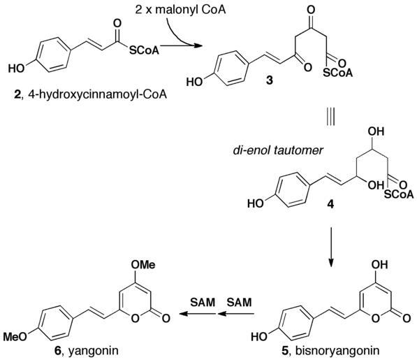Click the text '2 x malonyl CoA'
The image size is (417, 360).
click(x=181, y=10)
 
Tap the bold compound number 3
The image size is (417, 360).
click(x=270, y=80)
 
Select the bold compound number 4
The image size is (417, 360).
click(x=330, y=205)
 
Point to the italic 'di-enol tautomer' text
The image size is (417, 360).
click(x=278, y=150)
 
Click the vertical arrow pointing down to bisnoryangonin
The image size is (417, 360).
click(x=331, y=247)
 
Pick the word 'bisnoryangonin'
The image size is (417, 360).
click(x=337, y=351)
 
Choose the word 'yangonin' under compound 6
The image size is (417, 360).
click(x=94, y=351)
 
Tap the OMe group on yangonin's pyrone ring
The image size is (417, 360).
click(x=143, y=265)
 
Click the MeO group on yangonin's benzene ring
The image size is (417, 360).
click(x=15, y=337)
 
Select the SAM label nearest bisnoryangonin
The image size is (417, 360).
click(x=239, y=302)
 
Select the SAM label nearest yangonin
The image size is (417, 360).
click(x=203, y=302)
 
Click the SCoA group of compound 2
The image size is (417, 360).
click(x=144, y=50)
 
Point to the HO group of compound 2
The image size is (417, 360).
click(x=16, y=69)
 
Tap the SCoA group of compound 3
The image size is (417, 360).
click(x=338, y=73)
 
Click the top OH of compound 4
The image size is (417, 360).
click(x=376, y=131)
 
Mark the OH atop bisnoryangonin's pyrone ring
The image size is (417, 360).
click(x=380, y=265)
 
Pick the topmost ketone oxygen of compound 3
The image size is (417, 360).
click(x=311, y=10)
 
